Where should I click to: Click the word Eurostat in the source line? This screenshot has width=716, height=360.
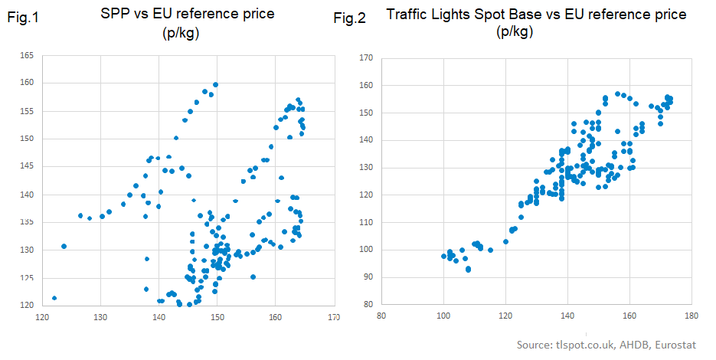click(672, 345)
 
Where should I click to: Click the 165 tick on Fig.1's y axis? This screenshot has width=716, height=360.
click(27, 55)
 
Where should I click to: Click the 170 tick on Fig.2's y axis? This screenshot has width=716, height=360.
click(366, 57)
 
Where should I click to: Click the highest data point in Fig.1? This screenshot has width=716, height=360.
click(216, 85)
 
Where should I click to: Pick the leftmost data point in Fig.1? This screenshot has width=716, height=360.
click(54, 298)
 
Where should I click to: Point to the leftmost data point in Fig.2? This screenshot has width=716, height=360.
click(443, 257)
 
